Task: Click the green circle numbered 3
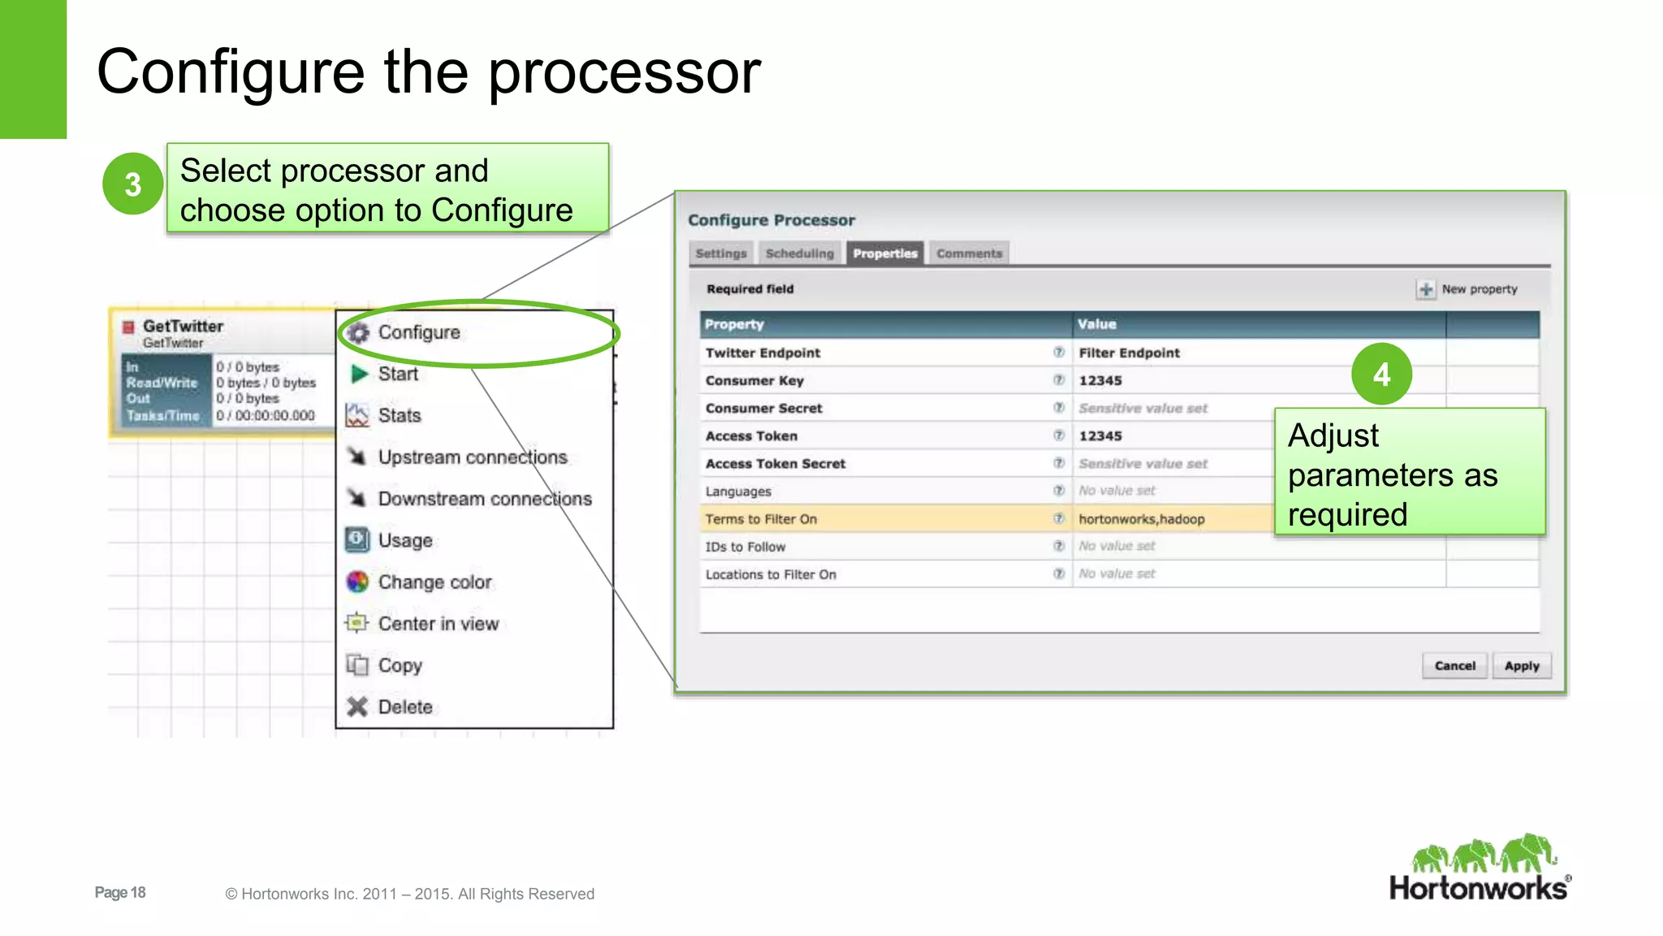point(132,184)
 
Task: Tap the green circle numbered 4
point(1381,375)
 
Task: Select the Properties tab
point(884,253)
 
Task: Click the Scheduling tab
point(799,253)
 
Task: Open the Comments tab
point(969,253)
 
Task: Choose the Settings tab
point(720,253)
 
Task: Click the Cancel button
point(1454,665)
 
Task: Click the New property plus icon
point(1425,289)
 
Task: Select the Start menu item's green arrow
point(359,374)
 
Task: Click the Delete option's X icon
point(357,707)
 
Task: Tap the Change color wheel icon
point(357,582)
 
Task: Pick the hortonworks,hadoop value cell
point(1141,519)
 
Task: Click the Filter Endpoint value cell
point(1129,353)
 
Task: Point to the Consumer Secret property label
point(763,408)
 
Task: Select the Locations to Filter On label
point(771,574)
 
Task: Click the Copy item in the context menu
point(400,665)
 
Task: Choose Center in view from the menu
point(438,624)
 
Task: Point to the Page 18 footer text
point(120,892)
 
